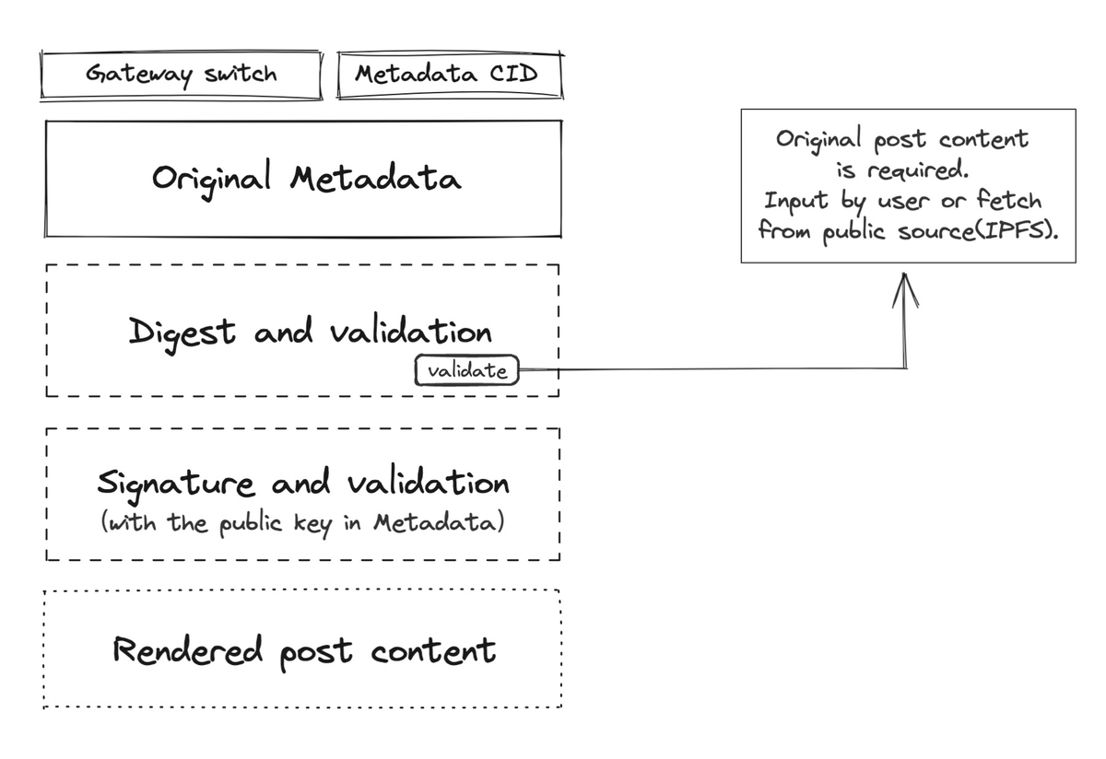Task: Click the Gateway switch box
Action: point(182,75)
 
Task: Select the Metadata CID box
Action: point(449,75)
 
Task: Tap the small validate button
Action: point(467,371)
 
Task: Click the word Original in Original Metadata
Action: point(212,177)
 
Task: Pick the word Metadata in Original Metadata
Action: point(375,177)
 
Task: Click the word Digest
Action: point(182,333)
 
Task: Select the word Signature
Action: point(176,484)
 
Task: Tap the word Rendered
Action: point(188,650)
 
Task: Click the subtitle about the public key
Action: point(303,522)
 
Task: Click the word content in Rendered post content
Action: point(433,650)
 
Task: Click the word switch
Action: point(241,74)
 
